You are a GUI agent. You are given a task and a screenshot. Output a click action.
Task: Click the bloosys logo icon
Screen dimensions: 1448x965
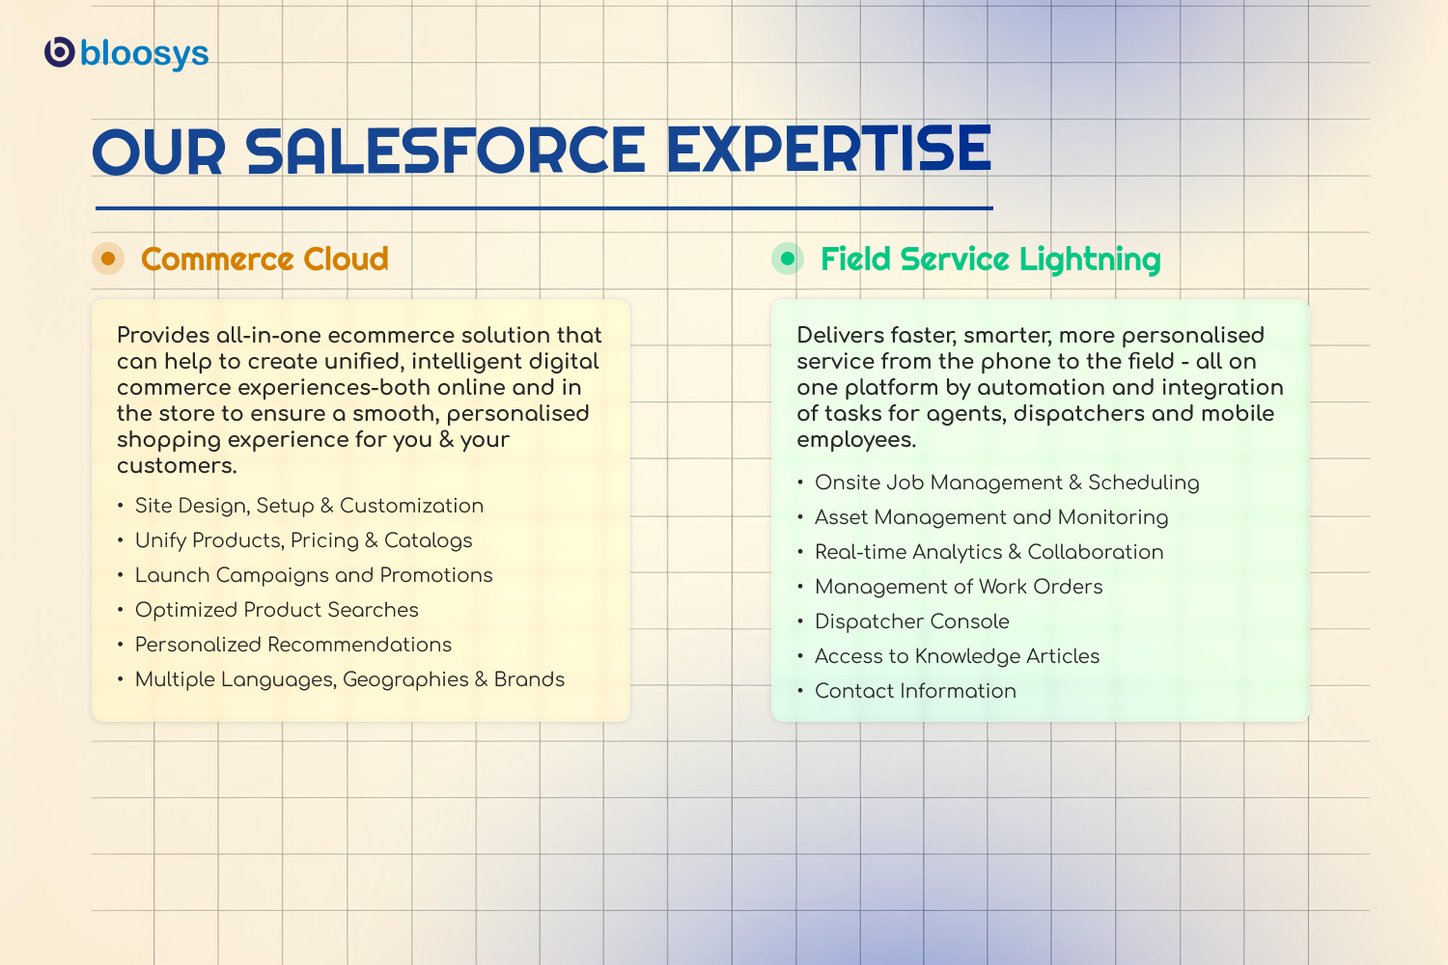click(x=60, y=52)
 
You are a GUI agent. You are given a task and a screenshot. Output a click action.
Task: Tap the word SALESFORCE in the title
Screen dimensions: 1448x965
click(x=445, y=151)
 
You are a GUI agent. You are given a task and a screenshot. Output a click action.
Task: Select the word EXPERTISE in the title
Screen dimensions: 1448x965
click(x=828, y=150)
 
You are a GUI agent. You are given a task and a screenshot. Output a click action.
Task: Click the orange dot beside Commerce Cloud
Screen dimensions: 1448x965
click(x=108, y=259)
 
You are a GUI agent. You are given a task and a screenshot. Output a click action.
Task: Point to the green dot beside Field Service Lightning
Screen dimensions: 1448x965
click(x=788, y=259)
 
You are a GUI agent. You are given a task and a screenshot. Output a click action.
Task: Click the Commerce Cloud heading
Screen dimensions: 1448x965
click(x=265, y=260)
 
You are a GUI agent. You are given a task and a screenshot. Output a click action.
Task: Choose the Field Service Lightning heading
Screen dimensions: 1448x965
click(x=990, y=260)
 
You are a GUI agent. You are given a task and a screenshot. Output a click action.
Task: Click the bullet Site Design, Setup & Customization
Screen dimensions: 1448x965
click(x=309, y=506)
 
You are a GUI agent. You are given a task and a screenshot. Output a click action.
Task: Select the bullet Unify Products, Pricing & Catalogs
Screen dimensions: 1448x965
click(x=303, y=541)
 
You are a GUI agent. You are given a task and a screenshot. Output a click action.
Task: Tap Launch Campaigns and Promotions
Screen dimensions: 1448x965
click(x=314, y=575)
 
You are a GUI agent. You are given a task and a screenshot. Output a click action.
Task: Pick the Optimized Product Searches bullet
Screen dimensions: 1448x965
click(x=277, y=610)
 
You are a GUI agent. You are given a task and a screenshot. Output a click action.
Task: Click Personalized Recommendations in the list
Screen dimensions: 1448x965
click(x=292, y=645)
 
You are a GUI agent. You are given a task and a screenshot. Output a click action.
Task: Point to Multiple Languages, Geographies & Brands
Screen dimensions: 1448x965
click(x=349, y=680)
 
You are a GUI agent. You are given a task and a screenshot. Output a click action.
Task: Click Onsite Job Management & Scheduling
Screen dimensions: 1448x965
click(x=1007, y=482)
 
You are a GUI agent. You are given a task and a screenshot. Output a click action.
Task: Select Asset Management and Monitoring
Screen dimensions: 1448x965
click(x=991, y=518)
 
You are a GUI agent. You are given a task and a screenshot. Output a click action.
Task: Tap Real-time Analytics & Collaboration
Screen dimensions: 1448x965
click(x=989, y=553)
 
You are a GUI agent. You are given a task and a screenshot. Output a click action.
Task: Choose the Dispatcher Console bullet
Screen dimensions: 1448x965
click(x=911, y=621)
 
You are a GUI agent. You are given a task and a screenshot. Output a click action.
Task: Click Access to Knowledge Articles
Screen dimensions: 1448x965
click(x=957, y=657)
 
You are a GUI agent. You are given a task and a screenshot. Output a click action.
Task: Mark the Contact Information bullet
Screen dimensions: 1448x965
click(x=915, y=691)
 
